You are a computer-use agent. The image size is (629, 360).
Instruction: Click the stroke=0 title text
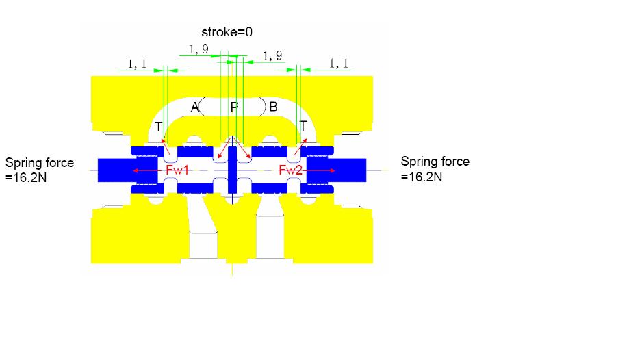(x=227, y=32)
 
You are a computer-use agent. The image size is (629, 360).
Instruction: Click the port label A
(x=194, y=107)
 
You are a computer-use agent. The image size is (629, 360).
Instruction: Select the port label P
(x=234, y=107)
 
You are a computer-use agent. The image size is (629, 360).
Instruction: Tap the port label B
(x=273, y=107)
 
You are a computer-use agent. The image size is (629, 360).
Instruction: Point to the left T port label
(x=159, y=127)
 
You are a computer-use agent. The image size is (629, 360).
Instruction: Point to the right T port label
(x=303, y=126)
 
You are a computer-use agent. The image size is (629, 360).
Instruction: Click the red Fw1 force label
(x=177, y=170)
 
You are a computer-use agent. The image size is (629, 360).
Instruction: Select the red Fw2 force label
(x=290, y=170)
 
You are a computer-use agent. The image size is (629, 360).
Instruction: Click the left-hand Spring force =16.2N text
(x=39, y=170)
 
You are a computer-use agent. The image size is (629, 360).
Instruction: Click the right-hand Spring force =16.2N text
(x=435, y=168)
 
